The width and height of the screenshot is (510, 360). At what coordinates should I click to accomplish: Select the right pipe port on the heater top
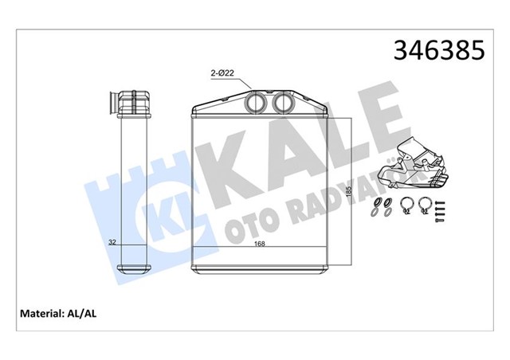pos(282,104)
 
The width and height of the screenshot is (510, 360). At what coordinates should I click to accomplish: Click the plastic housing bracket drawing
pos(415,163)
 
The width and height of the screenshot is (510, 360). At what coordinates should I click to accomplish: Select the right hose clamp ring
pos(424,205)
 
